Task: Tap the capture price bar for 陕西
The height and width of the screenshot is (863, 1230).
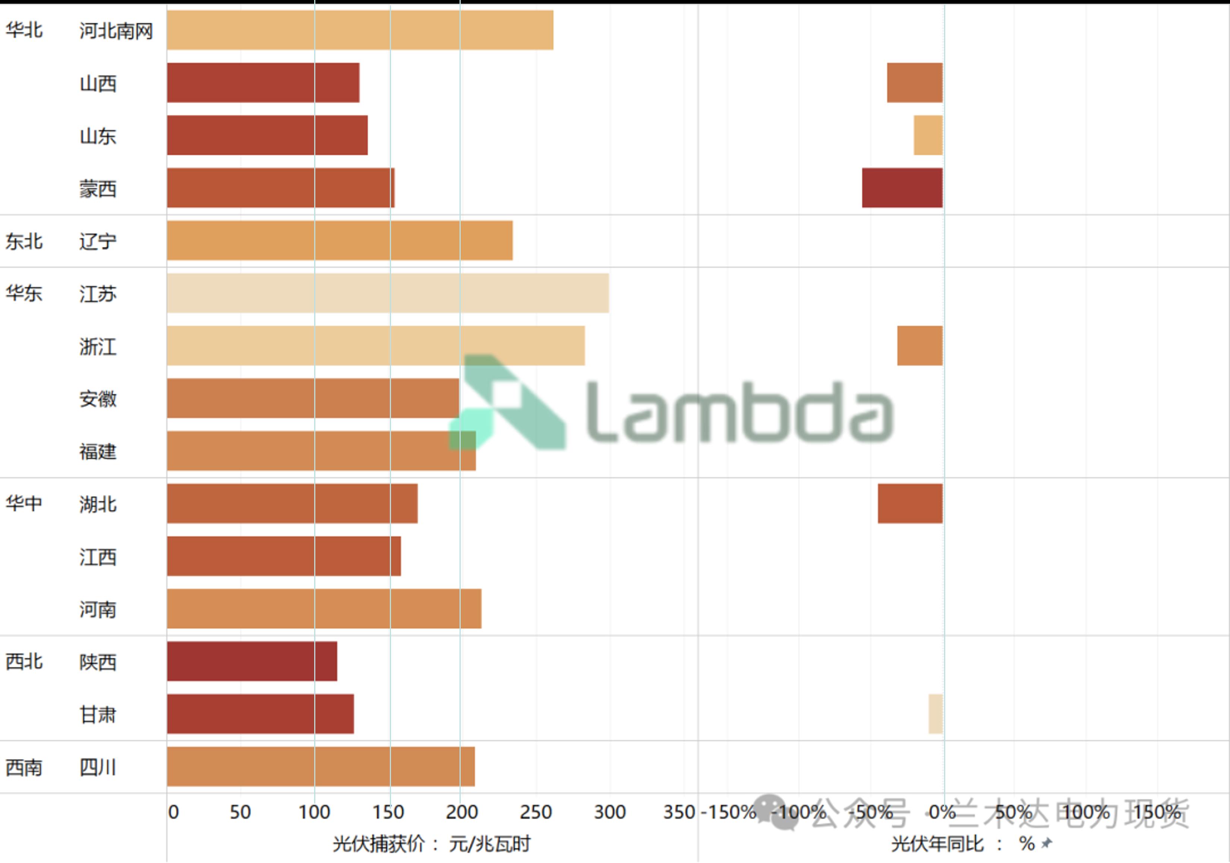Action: pyautogui.click(x=252, y=661)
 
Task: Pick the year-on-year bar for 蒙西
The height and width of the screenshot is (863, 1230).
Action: pyautogui.click(x=902, y=188)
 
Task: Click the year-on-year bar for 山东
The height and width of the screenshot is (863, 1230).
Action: pyautogui.click(x=928, y=136)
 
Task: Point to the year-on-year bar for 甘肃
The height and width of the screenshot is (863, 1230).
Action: pyautogui.click(x=935, y=714)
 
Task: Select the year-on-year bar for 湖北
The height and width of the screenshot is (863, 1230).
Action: pyautogui.click(x=910, y=503)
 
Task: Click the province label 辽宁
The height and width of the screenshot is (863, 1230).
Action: pyautogui.click(x=98, y=241)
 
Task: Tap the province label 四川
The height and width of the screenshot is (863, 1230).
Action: pyautogui.click(x=98, y=767)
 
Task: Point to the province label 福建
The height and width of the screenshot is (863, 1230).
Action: pyautogui.click(x=98, y=452)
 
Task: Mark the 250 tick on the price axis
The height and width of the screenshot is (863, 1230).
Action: pyautogui.click(x=535, y=812)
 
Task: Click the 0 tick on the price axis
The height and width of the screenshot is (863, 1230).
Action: pyautogui.click(x=173, y=812)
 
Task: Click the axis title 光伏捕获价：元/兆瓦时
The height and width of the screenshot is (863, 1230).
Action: pyautogui.click(x=431, y=844)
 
